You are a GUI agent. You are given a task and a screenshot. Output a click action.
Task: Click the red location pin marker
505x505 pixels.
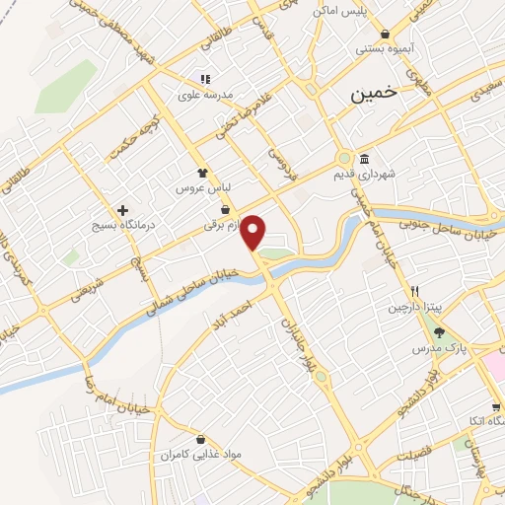(254, 231)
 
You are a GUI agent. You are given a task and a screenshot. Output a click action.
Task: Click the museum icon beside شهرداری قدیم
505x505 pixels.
(364, 160)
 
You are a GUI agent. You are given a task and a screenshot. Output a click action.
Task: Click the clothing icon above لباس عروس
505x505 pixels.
(202, 172)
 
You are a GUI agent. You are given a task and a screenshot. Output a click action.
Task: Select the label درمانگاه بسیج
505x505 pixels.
(116, 226)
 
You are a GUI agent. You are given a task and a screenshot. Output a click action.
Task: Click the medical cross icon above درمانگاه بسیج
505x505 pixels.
(122, 210)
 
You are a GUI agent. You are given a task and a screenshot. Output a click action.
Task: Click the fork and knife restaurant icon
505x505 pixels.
(416, 292)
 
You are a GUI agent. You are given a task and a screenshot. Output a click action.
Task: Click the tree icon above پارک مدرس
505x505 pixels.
(439, 333)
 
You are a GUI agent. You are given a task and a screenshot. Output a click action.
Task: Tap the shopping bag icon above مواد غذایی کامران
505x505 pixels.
(201, 440)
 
